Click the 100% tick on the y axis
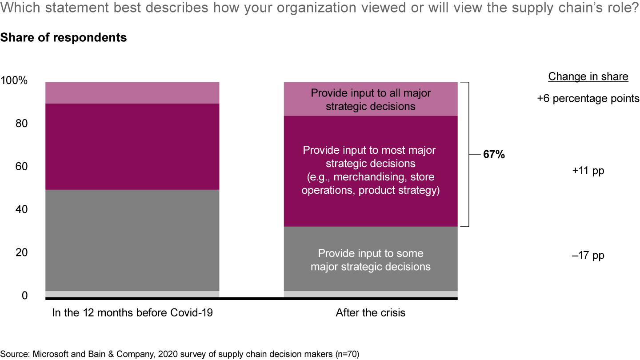point(15,81)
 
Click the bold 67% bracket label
point(494,155)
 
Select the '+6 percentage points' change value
point(588,99)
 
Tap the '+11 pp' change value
point(588,171)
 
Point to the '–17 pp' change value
point(588,256)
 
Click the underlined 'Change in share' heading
point(588,76)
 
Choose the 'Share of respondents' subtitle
point(64,38)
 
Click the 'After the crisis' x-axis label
point(370,313)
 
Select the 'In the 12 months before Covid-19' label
point(132,313)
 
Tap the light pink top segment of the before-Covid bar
point(132,93)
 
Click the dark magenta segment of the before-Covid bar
point(132,147)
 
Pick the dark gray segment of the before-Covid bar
point(132,240)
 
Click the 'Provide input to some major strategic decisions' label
point(370,260)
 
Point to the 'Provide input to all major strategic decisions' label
point(370,100)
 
